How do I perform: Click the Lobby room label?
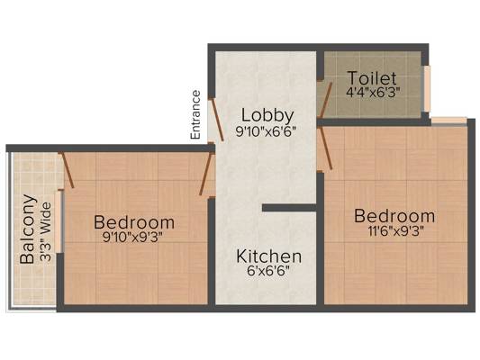coord(267,116)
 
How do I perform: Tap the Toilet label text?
coord(372,78)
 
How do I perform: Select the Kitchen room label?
coord(268,256)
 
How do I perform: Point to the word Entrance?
coord(195,115)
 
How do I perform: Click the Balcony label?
coord(28,229)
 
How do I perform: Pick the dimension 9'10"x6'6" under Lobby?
coord(266,131)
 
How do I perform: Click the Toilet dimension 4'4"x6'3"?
coord(373,92)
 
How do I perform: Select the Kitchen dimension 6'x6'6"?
coord(267,271)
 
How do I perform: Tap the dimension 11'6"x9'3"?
coord(396,231)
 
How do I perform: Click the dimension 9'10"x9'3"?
coord(132,237)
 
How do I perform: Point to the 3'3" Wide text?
coord(46,232)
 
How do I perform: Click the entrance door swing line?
coord(217,120)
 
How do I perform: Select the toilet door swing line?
coord(325,100)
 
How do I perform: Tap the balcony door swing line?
coord(68,170)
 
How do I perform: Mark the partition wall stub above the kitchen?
coord(289,208)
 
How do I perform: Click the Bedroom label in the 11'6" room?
coord(394,216)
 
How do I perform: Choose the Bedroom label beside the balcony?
coord(134,222)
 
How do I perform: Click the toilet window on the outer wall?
coord(427,89)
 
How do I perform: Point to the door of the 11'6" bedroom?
coord(325,148)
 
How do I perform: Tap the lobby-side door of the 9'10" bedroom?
coord(205,175)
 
